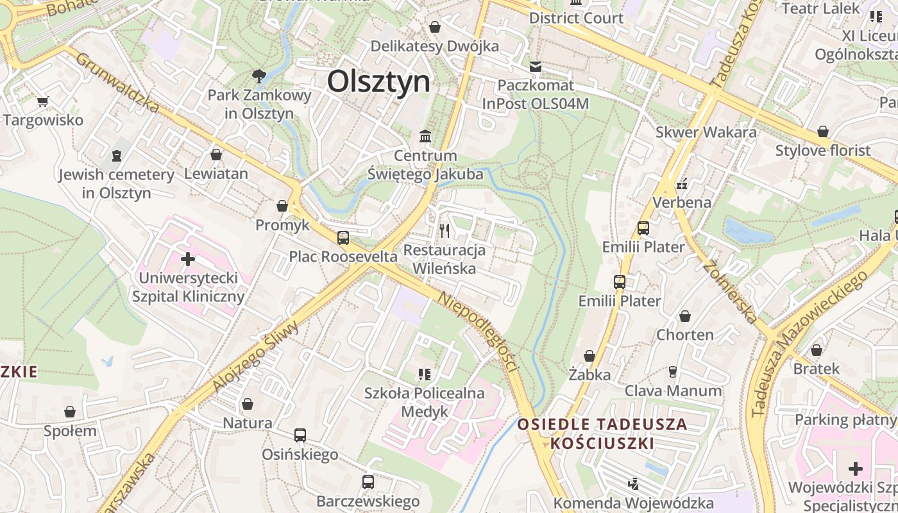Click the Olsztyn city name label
tap(378, 82)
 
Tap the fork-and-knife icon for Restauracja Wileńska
tap(445, 230)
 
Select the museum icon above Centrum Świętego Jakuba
tap(425, 136)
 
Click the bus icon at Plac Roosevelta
tap(343, 237)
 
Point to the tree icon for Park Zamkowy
tap(259, 76)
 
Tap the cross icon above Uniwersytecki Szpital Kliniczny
tap(188, 259)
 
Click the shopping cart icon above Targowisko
tap(43, 101)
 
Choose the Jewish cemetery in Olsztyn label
tap(117, 183)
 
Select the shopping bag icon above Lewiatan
tap(216, 155)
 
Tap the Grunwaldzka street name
tap(117, 83)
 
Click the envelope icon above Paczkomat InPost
tap(536, 66)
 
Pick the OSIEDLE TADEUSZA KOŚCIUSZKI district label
tap(602, 433)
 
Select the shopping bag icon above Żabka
tap(589, 355)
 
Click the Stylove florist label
tap(823, 151)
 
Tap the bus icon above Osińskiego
tap(300, 435)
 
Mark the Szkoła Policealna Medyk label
tap(425, 402)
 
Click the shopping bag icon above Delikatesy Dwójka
tap(435, 27)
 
